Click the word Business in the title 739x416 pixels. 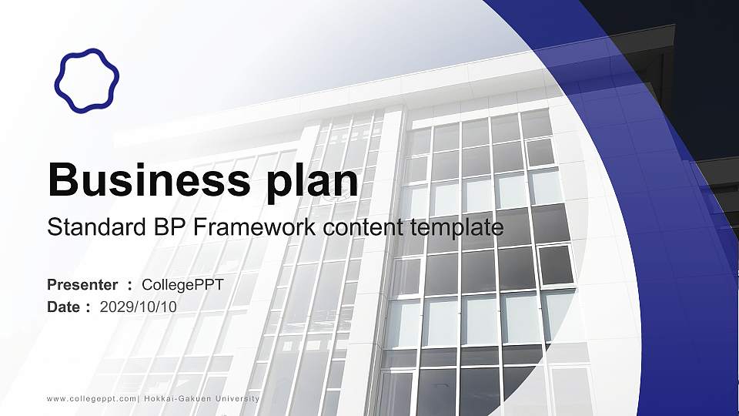tap(149, 179)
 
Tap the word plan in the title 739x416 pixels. tap(312, 183)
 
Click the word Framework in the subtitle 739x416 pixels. tap(255, 226)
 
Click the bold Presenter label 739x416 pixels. tap(82, 285)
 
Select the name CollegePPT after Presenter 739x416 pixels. tap(182, 285)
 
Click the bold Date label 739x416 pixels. tap(64, 307)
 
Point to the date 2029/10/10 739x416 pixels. tap(138, 307)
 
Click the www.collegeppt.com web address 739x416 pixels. tap(92, 399)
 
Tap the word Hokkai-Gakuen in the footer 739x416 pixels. tap(178, 399)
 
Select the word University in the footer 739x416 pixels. tap(238, 399)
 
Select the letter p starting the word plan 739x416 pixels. tap(278, 186)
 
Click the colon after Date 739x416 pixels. tap(88, 308)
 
